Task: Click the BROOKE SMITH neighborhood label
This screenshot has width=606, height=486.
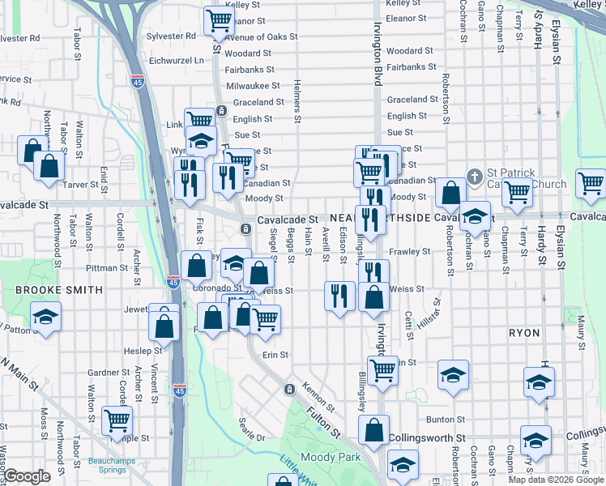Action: [x=59, y=289]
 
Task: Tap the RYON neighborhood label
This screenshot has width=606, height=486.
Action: [x=523, y=333]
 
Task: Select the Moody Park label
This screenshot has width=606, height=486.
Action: [x=329, y=457]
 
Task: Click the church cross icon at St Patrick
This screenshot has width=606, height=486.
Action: [x=475, y=174]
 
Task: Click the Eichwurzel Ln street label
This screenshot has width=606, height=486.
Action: [x=177, y=60]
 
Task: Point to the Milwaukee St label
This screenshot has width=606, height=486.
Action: [x=253, y=85]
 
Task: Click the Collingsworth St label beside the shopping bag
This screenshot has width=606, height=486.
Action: [x=426, y=437]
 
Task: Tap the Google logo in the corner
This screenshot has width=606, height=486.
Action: [x=27, y=476]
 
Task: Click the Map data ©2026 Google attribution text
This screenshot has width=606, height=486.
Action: [x=556, y=480]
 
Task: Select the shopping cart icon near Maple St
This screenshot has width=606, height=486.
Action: [x=117, y=420]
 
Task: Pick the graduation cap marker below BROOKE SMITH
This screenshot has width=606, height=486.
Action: [x=46, y=317]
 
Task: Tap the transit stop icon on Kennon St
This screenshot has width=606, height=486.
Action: [x=288, y=390]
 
